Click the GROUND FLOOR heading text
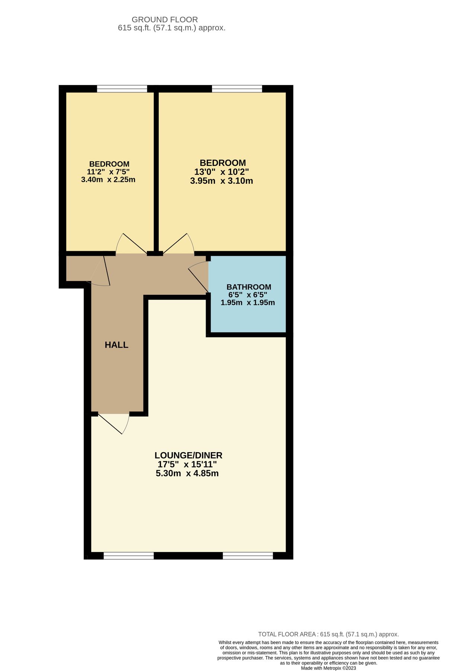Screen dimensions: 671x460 pos(165,19)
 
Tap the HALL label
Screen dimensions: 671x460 pos(116,345)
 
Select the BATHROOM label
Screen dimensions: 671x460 pos(248,287)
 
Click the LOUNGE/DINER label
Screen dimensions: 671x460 pos(188,455)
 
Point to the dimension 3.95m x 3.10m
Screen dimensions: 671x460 pos(221,181)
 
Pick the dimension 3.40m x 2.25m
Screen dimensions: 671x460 pos(108,180)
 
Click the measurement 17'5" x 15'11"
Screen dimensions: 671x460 pos(187,464)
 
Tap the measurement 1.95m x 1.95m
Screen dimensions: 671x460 pos(248,303)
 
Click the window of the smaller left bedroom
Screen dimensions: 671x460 pos(122,89)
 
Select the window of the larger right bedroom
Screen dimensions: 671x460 pos(237,89)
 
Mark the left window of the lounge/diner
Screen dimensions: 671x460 pos(129,556)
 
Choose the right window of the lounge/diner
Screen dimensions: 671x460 pos(248,556)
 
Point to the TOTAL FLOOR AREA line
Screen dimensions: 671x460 pos(328,634)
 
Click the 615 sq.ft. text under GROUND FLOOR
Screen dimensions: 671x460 pos(171,28)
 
